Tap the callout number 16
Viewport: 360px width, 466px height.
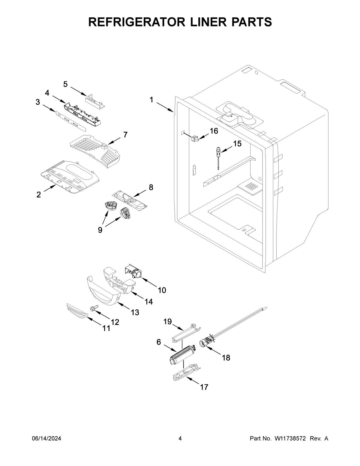pos(214,131)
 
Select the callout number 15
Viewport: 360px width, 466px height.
pos(237,144)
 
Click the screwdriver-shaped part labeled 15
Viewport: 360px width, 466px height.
pos(218,156)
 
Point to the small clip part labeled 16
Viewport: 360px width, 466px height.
pos(195,138)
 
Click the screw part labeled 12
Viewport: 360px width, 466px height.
pos(93,308)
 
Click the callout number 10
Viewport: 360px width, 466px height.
pos(162,290)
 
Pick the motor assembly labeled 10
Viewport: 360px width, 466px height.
pos(133,271)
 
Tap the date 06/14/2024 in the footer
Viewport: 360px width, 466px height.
pos(46,439)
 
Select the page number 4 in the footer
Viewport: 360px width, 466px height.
pos(180,439)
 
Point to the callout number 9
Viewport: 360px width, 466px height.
pos(100,230)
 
